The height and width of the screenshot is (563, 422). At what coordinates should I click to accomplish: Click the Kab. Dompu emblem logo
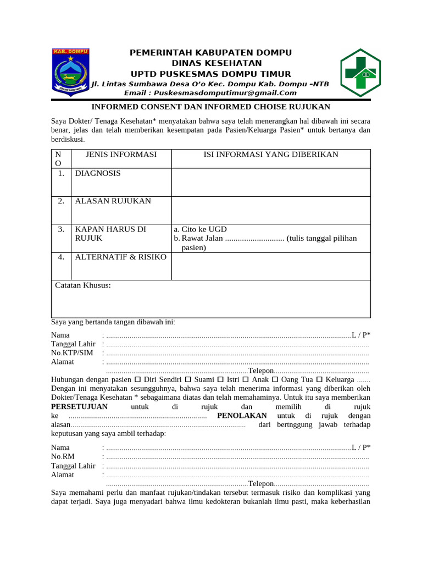tap(70, 72)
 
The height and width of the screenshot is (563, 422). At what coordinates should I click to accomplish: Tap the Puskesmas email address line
tap(210, 93)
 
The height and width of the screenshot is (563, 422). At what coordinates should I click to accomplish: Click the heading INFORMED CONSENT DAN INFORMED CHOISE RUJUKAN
tap(210, 107)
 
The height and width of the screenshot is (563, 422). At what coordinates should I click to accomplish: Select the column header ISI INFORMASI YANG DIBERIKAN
tap(271, 154)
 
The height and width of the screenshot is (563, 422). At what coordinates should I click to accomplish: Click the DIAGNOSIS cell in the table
tap(98, 173)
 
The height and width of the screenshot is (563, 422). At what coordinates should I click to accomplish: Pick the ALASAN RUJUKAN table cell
tap(113, 201)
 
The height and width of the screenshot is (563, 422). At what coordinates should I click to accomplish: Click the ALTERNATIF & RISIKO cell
tap(121, 257)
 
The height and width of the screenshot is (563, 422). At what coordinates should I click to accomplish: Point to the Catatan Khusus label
tap(83, 285)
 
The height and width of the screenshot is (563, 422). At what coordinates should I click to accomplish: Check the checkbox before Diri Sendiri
tap(137, 380)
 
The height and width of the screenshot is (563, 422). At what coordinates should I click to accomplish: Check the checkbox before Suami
tap(188, 380)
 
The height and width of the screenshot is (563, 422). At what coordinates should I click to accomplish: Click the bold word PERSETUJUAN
tap(79, 407)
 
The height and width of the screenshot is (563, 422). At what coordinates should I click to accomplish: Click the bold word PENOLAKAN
tap(242, 416)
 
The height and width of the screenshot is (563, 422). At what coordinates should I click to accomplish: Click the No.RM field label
tap(62, 457)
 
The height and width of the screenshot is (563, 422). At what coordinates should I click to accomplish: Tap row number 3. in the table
tap(62, 229)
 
